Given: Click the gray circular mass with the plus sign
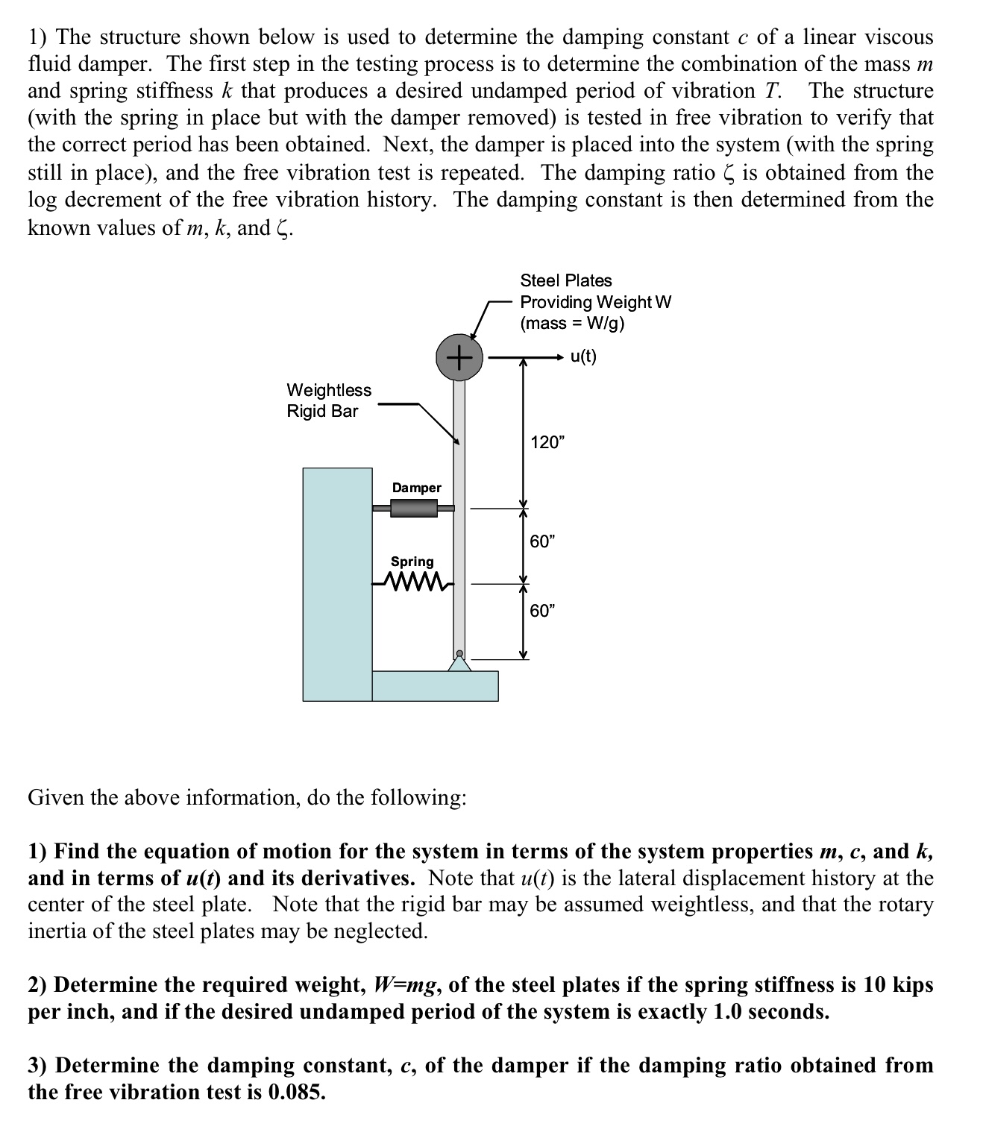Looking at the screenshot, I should coord(459,358).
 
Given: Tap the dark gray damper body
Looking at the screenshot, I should coord(413,509).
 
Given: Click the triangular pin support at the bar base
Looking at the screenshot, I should coord(459,662).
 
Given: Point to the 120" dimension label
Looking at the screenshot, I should coord(547,442).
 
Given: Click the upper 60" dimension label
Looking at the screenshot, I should coord(542,541).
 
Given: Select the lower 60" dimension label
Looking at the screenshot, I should coord(542,611).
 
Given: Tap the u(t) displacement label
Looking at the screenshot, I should coord(583,356).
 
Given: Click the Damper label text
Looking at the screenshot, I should coord(416,488).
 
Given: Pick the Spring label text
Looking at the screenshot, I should coord(412,562).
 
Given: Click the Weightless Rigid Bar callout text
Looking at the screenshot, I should coord(328,400).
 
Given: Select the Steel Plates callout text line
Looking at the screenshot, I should coord(565,280).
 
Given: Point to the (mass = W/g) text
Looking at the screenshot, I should coord(572,323).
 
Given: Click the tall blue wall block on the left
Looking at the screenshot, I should coord(337,584).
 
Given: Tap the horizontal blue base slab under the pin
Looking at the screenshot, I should coord(435,686).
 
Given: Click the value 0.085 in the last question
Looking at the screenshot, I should coord(296,1093).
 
